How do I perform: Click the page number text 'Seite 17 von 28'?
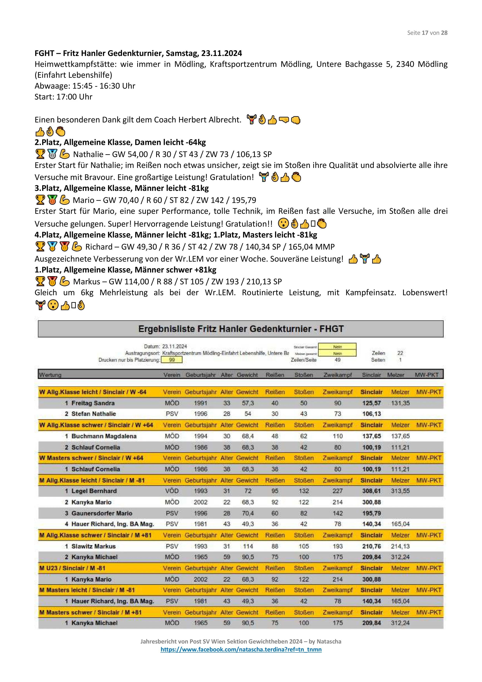[x=427, y=33]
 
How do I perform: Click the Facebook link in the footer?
[x=241, y=649]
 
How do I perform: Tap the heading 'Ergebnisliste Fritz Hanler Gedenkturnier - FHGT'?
[x=241, y=329]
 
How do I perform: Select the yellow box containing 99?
[x=172, y=360]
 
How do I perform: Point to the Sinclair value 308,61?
[x=371, y=491]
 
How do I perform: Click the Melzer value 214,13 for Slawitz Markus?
[x=400, y=546]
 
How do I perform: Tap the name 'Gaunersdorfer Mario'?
[x=102, y=513]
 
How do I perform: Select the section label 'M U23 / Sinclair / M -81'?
[x=72, y=568]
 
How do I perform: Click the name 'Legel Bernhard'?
[x=94, y=491]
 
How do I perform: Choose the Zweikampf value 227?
[x=337, y=491]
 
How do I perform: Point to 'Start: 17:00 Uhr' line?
[x=64, y=97]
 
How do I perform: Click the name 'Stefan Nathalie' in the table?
[x=94, y=414]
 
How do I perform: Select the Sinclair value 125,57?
[x=371, y=403]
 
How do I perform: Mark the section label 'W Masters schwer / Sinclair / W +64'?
[x=91, y=458]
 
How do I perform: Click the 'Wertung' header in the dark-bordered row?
[x=50, y=375]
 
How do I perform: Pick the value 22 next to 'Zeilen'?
[x=400, y=353]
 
